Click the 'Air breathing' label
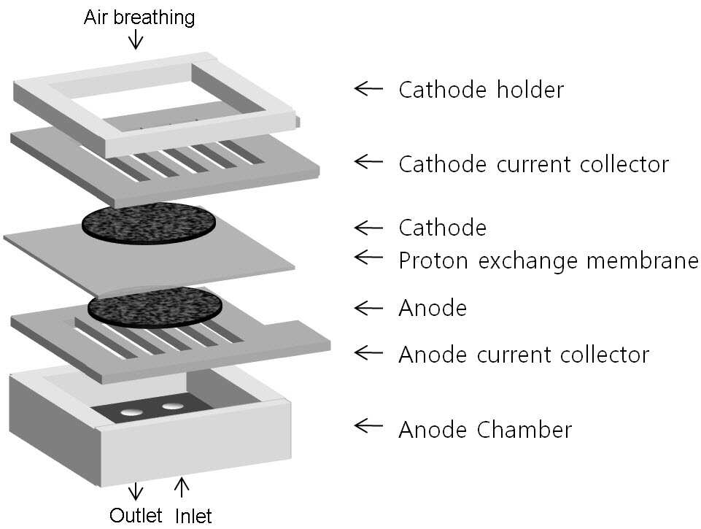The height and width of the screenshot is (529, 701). click(139, 18)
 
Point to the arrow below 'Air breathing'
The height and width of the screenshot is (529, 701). click(136, 40)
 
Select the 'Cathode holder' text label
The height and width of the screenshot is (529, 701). click(481, 90)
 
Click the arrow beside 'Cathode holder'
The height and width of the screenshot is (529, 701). click(368, 88)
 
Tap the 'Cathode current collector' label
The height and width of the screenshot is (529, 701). click(534, 164)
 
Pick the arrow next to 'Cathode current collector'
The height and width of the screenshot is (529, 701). click(368, 162)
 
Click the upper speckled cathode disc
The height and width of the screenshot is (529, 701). click(149, 223)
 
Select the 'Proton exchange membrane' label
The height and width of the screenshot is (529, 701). click(549, 261)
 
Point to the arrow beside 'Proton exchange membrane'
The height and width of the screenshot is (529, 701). click(368, 257)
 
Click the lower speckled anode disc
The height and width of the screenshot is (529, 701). click(155, 308)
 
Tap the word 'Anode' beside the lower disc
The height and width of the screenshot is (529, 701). click(433, 308)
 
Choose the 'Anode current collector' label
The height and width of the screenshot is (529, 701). click(524, 355)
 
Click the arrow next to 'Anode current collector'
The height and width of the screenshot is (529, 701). click(368, 352)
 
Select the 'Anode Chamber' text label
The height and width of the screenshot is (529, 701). click(485, 430)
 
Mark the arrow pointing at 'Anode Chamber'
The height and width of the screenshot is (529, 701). click(368, 425)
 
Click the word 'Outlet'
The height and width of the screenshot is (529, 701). click(136, 516)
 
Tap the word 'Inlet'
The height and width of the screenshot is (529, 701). click(193, 516)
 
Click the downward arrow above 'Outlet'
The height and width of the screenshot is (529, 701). click(136, 491)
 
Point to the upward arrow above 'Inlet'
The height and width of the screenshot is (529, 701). click(181, 487)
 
